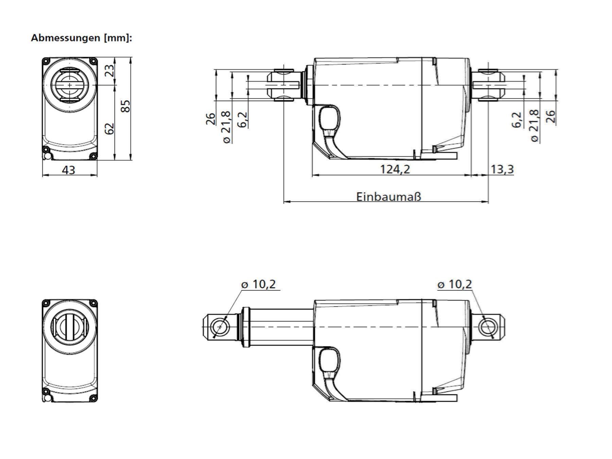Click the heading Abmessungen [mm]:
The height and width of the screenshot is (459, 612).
[x=81, y=38]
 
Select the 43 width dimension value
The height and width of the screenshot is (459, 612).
[x=69, y=170]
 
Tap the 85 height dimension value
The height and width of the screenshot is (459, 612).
[x=125, y=106]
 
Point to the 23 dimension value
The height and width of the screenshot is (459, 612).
[x=109, y=71]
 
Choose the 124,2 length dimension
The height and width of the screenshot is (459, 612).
[x=395, y=169]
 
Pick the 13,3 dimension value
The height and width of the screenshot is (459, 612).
[x=502, y=169]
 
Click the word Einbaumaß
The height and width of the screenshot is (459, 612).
[x=389, y=197]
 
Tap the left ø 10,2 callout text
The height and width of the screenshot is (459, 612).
[x=259, y=284]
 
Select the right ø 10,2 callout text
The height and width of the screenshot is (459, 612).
[x=455, y=284]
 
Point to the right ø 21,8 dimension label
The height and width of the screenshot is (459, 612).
[x=534, y=126]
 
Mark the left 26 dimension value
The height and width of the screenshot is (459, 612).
[x=211, y=119]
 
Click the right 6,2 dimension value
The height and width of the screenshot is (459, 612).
[x=516, y=120]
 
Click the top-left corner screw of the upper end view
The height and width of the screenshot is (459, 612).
[x=46, y=61]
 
